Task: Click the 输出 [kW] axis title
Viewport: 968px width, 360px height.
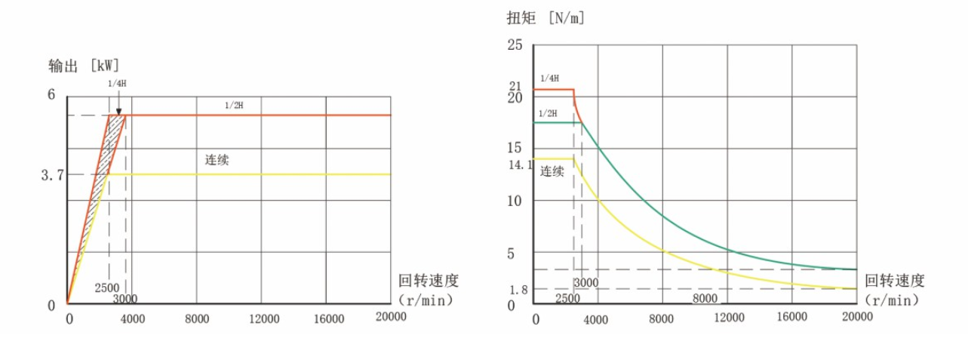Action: click(x=84, y=66)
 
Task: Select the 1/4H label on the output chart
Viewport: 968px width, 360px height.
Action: click(x=117, y=84)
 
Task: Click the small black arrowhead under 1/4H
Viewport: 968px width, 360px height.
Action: click(x=118, y=111)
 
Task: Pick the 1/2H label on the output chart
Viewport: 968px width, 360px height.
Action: click(x=234, y=105)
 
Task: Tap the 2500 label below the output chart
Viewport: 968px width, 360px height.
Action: click(x=106, y=288)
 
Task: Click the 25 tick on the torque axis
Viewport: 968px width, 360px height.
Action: click(x=515, y=45)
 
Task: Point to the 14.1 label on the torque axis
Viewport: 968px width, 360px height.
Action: click(x=520, y=164)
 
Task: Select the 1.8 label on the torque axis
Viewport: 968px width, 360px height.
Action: click(x=518, y=290)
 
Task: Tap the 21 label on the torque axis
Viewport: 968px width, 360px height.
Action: click(x=515, y=86)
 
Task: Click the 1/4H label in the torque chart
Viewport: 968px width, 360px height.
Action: click(x=549, y=78)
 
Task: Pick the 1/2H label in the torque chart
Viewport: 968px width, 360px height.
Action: click(x=549, y=113)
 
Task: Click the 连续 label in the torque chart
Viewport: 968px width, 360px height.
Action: click(x=552, y=171)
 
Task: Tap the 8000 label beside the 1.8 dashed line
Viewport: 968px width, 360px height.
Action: click(x=705, y=299)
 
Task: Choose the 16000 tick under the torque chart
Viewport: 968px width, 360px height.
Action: click(x=791, y=318)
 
